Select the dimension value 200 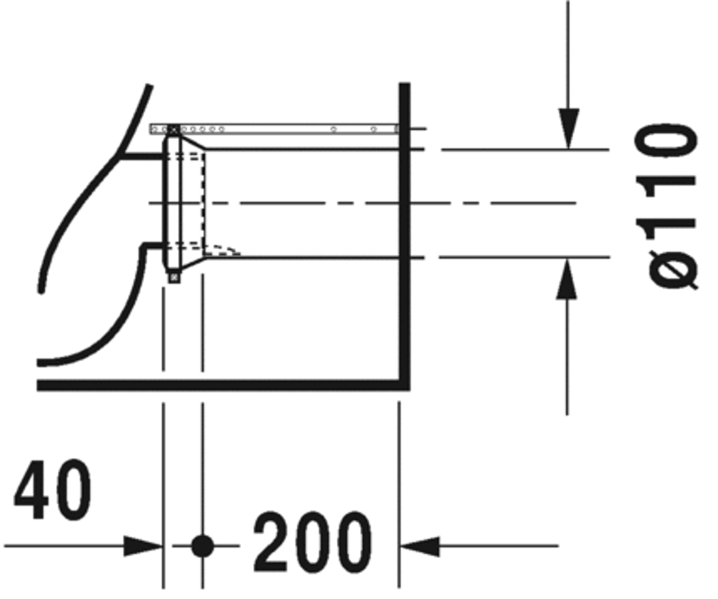(x=312, y=541)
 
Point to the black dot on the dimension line (x=203, y=545)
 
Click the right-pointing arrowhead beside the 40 (x=145, y=545)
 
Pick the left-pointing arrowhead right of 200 (x=418, y=545)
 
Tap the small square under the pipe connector (x=174, y=277)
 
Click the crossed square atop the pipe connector (x=172, y=129)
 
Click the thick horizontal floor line (x=222, y=385)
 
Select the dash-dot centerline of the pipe (x=366, y=204)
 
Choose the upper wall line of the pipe (x=300, y=149)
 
